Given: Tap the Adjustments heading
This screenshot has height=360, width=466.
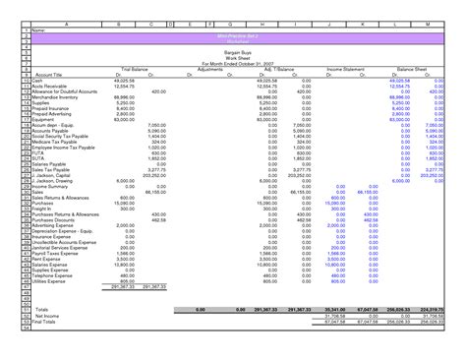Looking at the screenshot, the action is pyautogui.click(x=210, y=70).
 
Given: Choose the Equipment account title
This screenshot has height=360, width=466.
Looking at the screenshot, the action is pyautogui.click(x=31, y=119).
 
